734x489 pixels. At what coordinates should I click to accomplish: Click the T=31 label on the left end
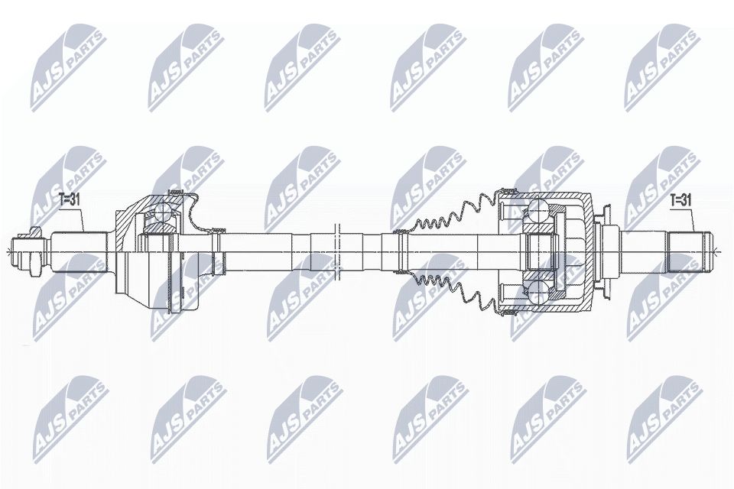pos(70,199)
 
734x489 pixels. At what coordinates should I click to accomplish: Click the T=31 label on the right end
pos(681,199)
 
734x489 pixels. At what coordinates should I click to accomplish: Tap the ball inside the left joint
pos(163,215)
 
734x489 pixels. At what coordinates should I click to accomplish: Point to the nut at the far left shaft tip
pos(32,248)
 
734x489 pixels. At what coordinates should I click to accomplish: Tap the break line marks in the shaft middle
pos(336,248)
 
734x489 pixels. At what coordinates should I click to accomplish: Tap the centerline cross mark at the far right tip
pos(715,249)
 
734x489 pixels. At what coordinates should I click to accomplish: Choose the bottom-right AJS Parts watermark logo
pos(662,416)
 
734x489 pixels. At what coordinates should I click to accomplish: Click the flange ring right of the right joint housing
pos(607,249)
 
